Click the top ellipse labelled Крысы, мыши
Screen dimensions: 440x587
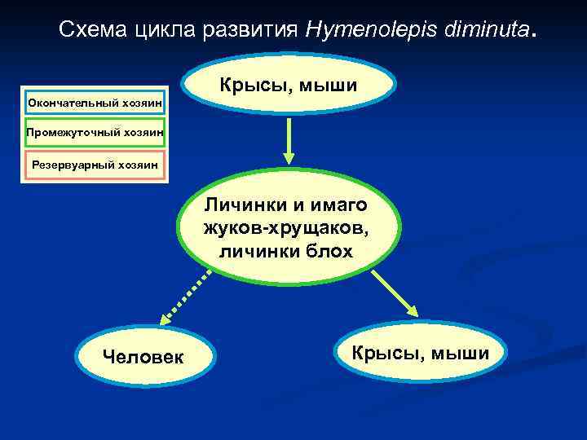(x=290, y=85)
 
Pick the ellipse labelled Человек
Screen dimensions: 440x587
(x=143, y=356)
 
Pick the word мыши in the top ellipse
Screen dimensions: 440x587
(x=330, y=85)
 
